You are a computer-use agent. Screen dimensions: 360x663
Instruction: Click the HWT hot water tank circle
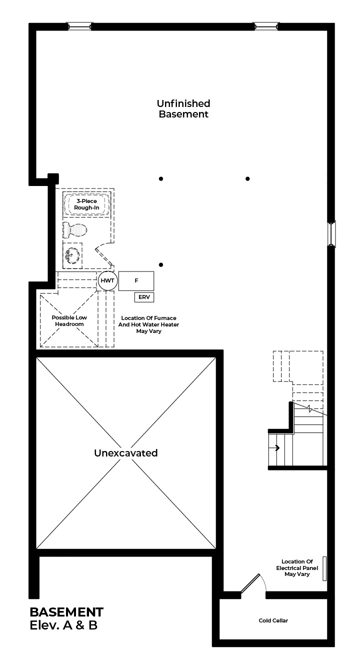coord(107,280)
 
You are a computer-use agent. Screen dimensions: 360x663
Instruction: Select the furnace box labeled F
coord(136,281)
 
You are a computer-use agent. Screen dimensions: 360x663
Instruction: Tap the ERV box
coord(144,297)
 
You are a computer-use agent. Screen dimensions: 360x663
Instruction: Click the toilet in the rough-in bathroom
coord(75,230)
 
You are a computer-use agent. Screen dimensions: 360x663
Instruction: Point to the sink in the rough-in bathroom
coord(72,255)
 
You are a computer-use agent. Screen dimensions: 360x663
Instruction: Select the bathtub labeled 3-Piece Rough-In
coord(86,204)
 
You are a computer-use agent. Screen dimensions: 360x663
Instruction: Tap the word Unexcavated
coord(126,452)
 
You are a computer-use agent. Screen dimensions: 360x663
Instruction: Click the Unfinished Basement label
coord(183,108)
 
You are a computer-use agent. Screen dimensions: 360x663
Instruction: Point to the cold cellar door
coord(250,583)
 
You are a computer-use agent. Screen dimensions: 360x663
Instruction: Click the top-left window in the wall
coord(79,26)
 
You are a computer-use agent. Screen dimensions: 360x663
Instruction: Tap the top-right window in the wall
coord(266,26)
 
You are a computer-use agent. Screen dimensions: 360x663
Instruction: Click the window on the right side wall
coord(331,234)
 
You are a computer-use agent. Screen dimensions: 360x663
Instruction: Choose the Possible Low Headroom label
coord(69,321)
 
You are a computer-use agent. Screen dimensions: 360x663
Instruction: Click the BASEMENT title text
coord(66,612)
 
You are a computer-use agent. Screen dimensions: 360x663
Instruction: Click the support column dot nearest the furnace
coord(161,264)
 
